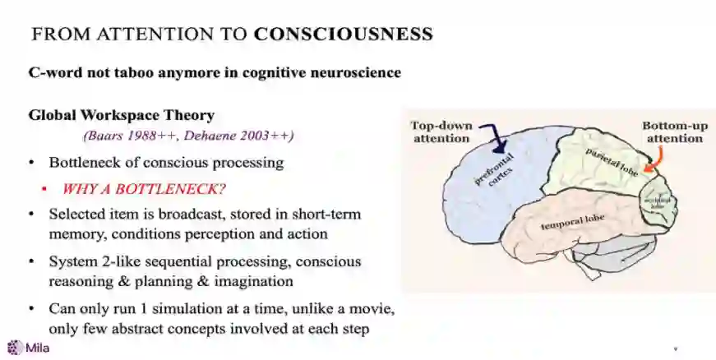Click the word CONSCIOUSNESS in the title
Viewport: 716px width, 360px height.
point(343,34)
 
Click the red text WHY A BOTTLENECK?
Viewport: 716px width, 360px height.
point(144,188)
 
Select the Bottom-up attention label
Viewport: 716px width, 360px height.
point(674,132)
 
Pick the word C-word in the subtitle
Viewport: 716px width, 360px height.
point(56,72)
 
